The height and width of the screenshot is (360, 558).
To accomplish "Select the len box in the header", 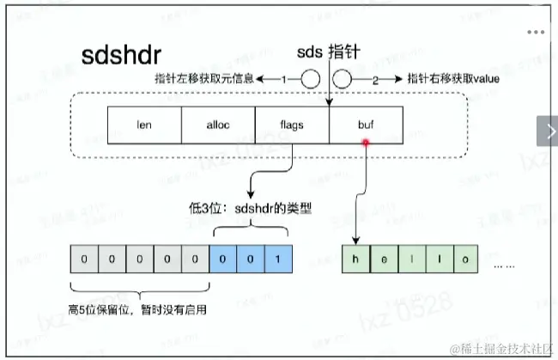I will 143,124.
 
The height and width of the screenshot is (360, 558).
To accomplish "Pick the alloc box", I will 218,124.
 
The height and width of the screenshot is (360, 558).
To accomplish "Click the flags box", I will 293,124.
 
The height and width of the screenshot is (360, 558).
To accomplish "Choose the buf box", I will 367,124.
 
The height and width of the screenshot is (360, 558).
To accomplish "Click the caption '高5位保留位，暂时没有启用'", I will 140,307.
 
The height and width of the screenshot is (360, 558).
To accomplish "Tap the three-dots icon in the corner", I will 537,32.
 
